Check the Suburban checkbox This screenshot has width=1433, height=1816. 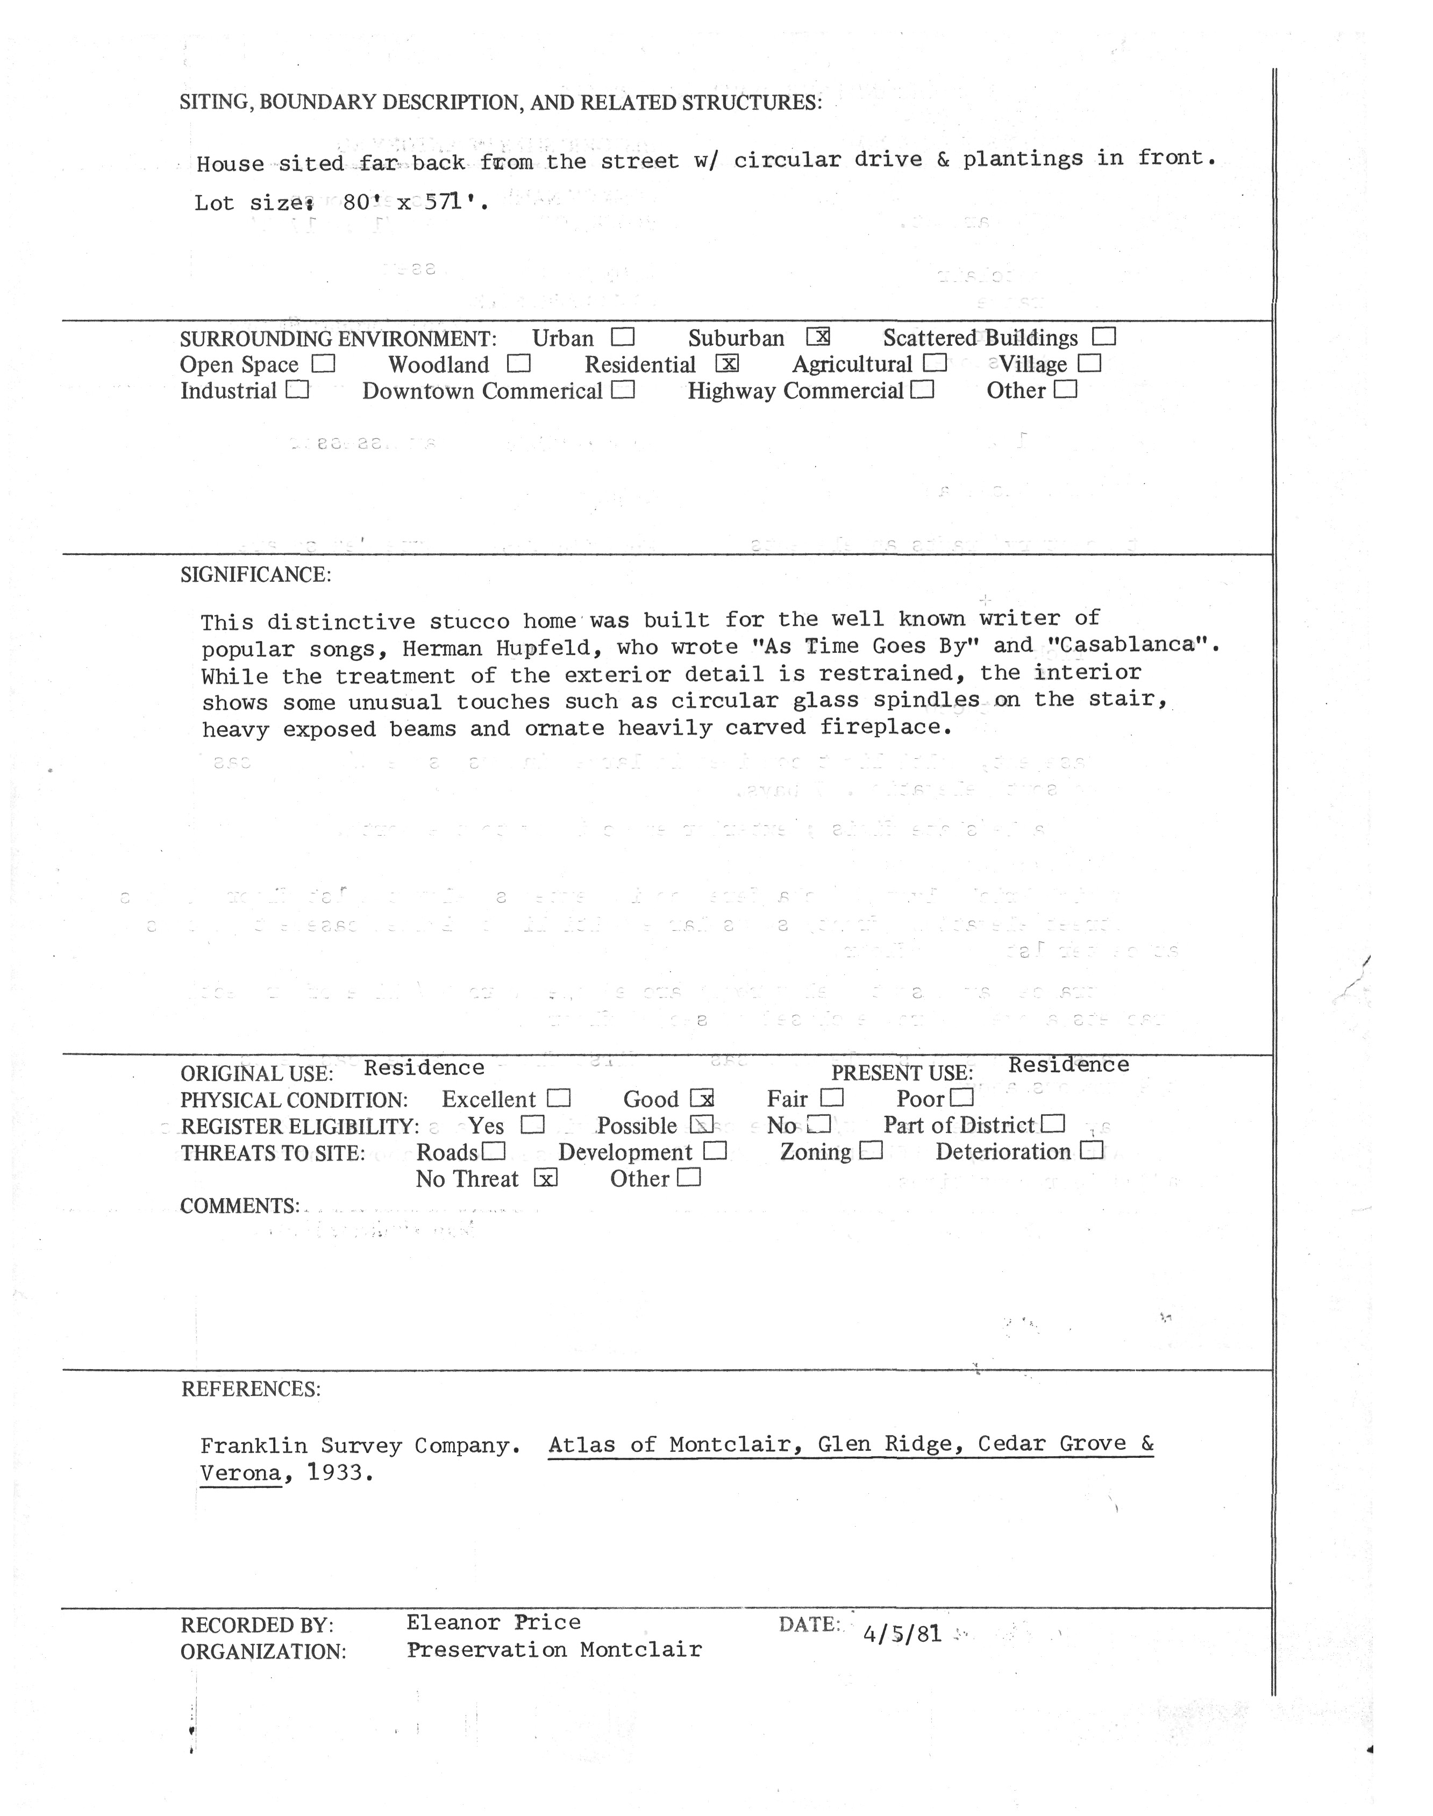coord(818,337)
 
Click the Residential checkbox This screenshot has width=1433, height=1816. coord(728,364)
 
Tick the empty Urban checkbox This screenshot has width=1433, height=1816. coord(623,337)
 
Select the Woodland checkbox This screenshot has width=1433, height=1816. coord(519,364)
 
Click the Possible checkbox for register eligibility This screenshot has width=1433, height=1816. coord(701,1124)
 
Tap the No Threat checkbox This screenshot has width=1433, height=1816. coord(545,1178)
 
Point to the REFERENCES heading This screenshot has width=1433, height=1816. coord(251,1389)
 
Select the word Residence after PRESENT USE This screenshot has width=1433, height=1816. coord(1068,1065)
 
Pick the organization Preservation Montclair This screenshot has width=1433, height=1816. coord(554,1650)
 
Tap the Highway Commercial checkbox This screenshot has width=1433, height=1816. coord(923,390)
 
